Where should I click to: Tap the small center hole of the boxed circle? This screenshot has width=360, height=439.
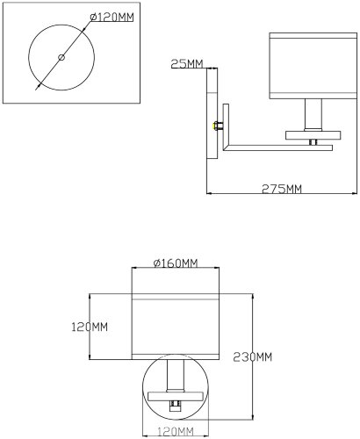point(61,57)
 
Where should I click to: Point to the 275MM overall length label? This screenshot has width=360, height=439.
point(282,189)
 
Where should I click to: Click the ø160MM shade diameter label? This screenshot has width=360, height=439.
point(175,263)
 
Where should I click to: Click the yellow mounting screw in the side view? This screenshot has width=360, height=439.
point(215,125)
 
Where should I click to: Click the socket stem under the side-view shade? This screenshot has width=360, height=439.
point(313,114)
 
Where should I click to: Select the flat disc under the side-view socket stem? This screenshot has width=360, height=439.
point(314,135)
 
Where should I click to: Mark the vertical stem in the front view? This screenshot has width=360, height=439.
point(176,373)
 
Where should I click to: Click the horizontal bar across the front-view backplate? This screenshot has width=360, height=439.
point(176,394)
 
